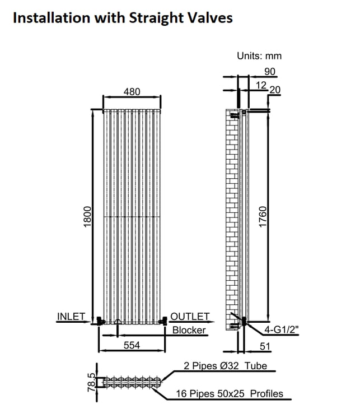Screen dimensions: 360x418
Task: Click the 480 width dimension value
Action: click(132, 92)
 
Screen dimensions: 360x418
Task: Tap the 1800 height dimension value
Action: click(87, 216)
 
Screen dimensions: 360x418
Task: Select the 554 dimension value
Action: click(132, 345)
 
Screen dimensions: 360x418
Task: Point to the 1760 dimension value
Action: click(263, 217)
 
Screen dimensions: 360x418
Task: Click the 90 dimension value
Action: click(270, 72)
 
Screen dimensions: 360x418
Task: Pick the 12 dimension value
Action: click(261, 85)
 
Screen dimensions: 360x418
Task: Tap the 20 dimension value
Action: click(275, 90)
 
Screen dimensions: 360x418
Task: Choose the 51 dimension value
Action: click(265, 346)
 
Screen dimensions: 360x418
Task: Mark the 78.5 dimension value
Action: click(91, 382)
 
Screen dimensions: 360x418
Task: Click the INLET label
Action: click(71, 317)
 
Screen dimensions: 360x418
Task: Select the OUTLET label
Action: click(190, 317)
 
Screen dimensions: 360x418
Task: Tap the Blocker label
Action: click(189, 330)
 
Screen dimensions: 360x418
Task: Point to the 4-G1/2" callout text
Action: click(282, 330)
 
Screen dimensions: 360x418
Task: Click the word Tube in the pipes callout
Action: click(256, 366)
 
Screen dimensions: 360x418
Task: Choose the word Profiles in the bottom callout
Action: click(267, 393)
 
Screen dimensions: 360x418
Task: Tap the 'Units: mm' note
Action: click(259, 55)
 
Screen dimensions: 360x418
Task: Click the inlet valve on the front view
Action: click(100, 321)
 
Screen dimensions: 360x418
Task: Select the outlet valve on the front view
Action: click(163, 321)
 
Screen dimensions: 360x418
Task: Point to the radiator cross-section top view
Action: click(132, 382)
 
